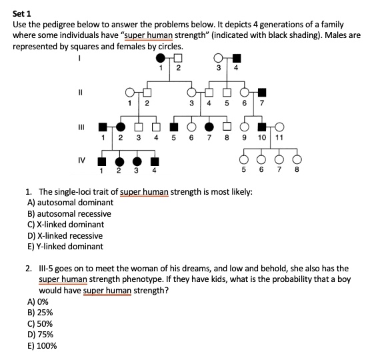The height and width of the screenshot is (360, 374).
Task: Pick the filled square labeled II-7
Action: pos(262,91)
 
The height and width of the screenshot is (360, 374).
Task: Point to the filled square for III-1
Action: pos(103,126)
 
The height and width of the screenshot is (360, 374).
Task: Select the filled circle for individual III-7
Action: pos(209,126)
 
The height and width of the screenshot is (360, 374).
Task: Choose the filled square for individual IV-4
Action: pos(155,161)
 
